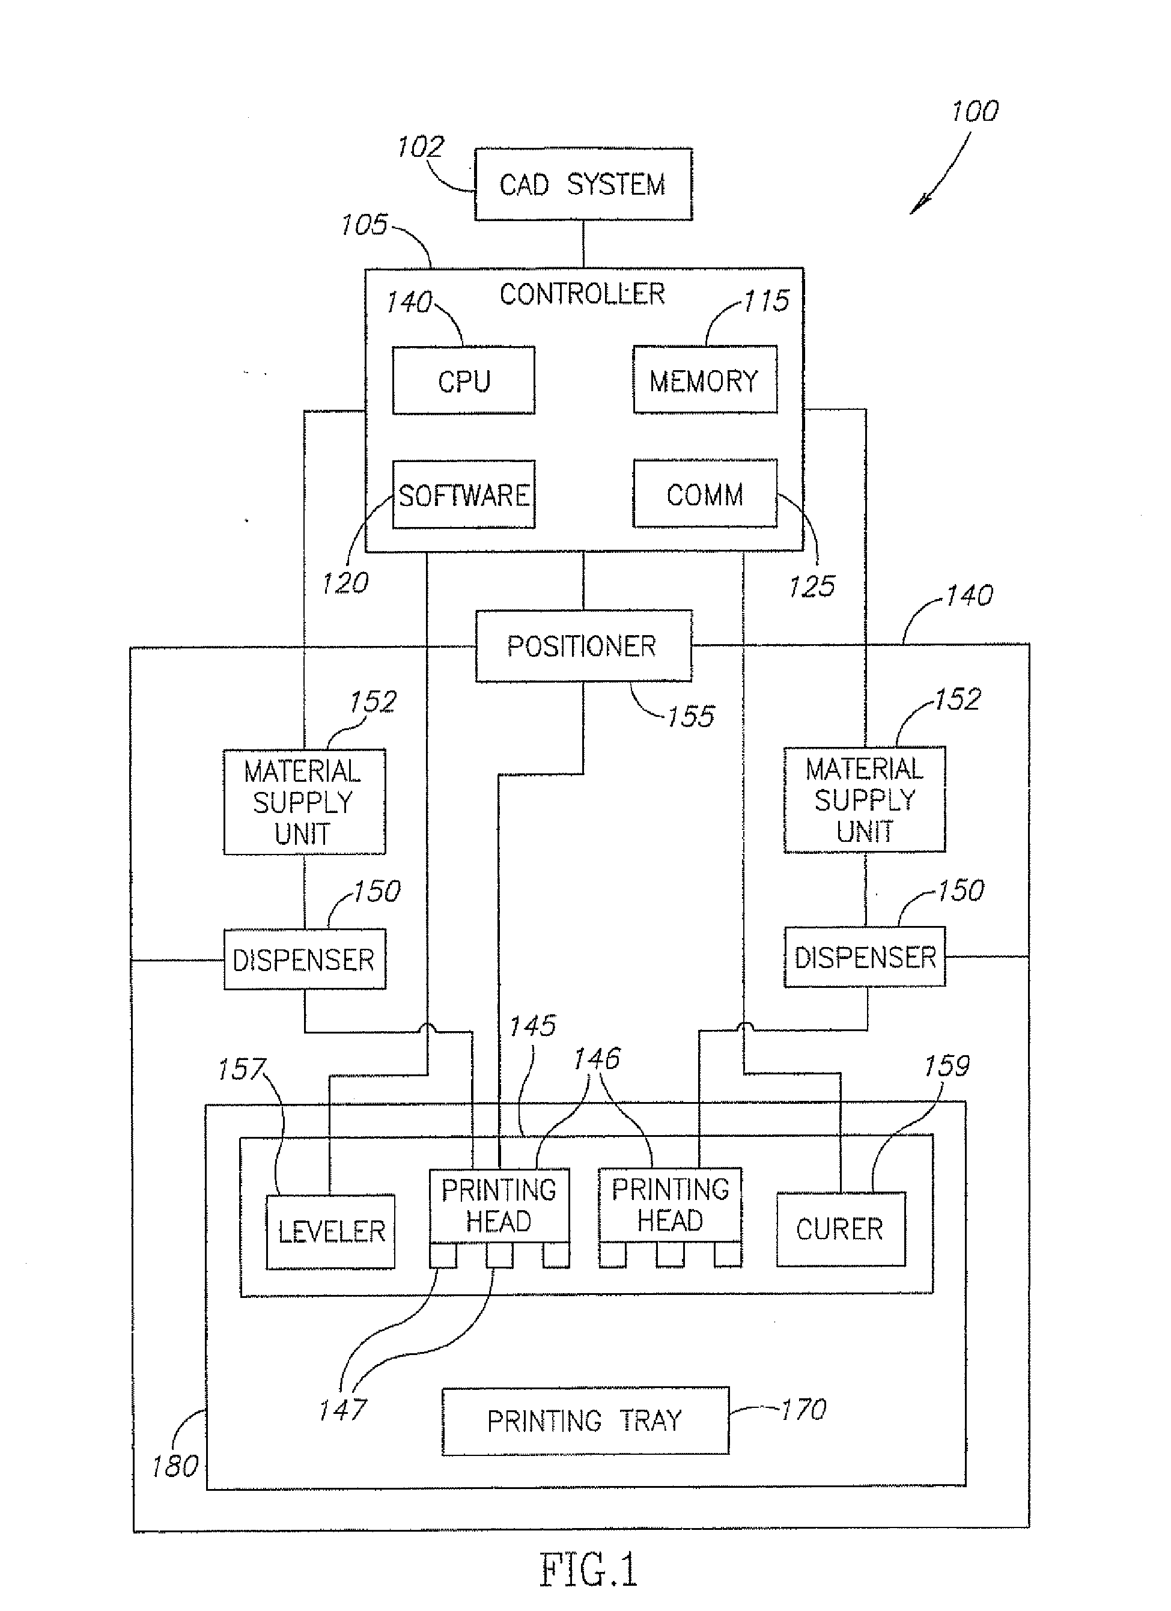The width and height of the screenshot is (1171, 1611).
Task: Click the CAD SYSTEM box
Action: pyautogui.click(x=583, y=184)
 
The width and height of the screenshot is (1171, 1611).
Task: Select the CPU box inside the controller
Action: pyautogui.click(x=464, y=381)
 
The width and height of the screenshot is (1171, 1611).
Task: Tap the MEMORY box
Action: pyautogui.click(x=704, y=380)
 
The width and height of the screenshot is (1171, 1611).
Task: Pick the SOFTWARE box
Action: pyautogui.click(x=464, y=495)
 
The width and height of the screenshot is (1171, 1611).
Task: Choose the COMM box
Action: pyautogui.click(x=704, y=495)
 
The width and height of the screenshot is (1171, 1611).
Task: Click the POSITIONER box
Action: pyautogui.click(x=583, y=646)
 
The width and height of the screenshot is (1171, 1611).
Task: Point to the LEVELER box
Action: pyautogui.click(x=331, y=1232)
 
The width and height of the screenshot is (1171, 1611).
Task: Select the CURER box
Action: pyautogui.click(x=840, y=1229)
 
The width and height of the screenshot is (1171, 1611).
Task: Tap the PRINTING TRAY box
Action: pyautogui.click(x=585, y=1421)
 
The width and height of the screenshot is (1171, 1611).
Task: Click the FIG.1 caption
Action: pyautogui.click(x=589, y=1569)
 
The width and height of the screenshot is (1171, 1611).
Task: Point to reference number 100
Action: pyautogui.click(x=975, y=112)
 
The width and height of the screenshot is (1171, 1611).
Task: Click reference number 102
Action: pyautogui.click(x=420, y=147)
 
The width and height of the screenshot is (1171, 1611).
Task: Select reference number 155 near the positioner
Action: pyautogui.click(x=690, y=717)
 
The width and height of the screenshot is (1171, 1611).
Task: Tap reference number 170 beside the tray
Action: pyautogui.click(x=803, y=1409)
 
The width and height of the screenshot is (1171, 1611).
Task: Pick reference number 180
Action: pyautogui.click(x=174, y=1466)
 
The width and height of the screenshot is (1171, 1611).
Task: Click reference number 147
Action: pyautogui.click(x=342, y=1409)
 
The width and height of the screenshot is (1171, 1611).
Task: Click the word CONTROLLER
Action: pyautogui.click(x=582, y=294)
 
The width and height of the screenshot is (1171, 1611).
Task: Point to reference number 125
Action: pyautogui.click(x=811, y=586)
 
